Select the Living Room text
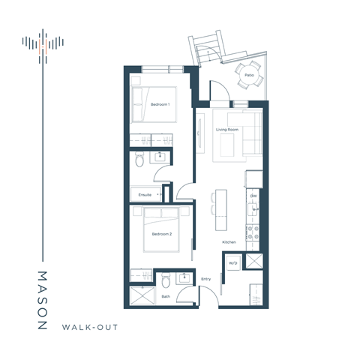[x=226, y=130]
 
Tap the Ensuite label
[x=145, y=194]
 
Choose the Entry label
[x=206, y=280]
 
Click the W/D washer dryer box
[x=233, y=262]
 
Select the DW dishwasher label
[x=253, y=197]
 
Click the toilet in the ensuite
[x=139, y=160]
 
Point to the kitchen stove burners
[x=254, y=234]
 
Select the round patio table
[x=247, y=74]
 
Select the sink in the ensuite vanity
[x=160, y=156]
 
